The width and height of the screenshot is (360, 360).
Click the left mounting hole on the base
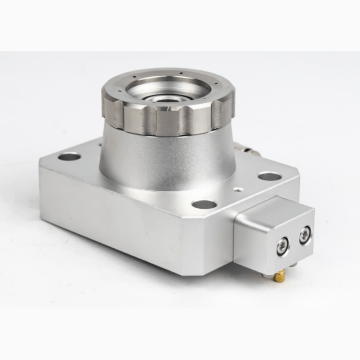[x=69, y=157]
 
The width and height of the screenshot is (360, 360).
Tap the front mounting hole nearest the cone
[x=204, y=204]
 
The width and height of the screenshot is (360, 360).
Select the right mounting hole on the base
[x=270, y=176]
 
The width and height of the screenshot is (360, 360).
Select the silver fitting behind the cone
[x=247, y=148]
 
